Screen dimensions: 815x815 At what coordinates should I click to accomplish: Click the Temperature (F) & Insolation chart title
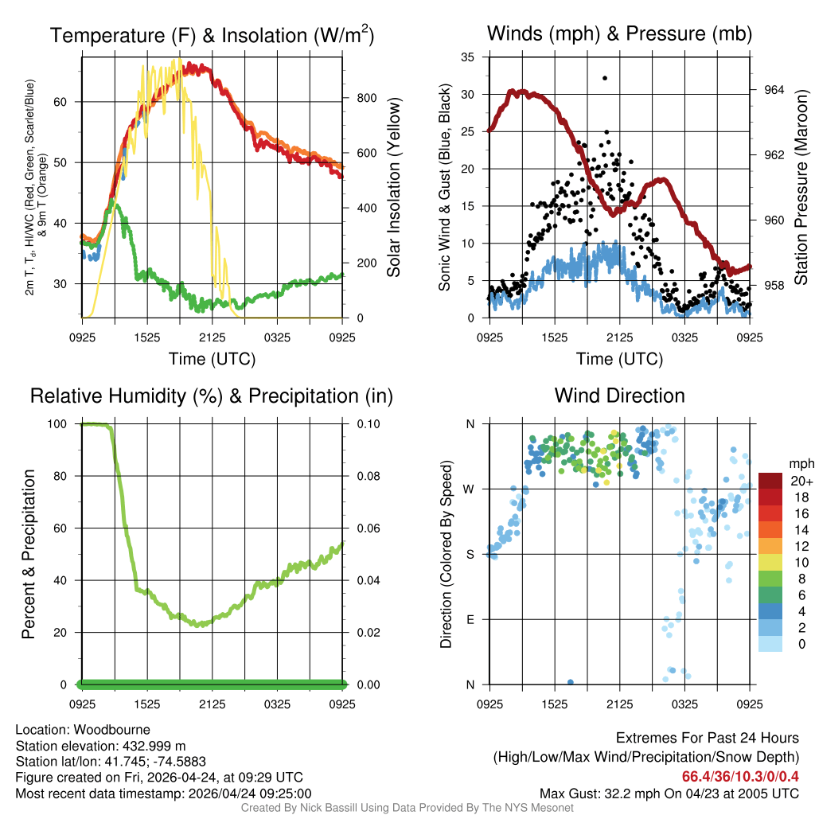point(212,35)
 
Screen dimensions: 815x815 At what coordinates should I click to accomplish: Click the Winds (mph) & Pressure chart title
point(619,33)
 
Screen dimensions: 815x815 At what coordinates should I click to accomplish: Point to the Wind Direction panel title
point(619,396)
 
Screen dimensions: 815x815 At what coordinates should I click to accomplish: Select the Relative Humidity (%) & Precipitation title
point(212,396)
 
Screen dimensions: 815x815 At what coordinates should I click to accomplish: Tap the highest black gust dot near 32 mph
point(605,78)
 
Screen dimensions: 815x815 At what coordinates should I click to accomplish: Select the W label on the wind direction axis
point(471,489)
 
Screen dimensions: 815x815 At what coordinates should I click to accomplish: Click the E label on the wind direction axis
point(471,619)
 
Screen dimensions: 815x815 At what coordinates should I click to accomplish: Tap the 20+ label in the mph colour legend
point(800,482)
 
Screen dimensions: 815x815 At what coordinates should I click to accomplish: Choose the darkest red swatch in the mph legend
point(771,481)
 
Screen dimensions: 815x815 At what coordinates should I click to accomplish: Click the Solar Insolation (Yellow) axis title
point(394,188)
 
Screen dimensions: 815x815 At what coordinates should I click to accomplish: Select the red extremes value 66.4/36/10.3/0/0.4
point(740,776)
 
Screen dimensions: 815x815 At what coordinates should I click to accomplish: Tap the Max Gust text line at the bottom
point(669,793)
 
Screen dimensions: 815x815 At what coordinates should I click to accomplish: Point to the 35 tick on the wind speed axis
point(469,57)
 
